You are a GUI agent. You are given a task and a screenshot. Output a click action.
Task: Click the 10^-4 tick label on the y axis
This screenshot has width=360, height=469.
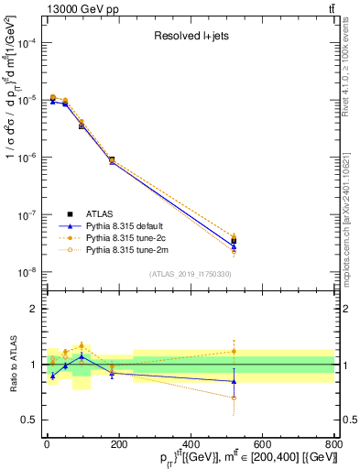(26, 43)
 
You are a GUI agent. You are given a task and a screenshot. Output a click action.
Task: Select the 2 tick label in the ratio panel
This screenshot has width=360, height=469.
(33, 310)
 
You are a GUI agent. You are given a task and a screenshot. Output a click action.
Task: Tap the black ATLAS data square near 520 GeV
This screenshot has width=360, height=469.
(234, 242)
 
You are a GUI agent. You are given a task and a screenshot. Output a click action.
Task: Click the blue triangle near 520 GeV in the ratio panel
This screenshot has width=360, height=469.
(234, 381)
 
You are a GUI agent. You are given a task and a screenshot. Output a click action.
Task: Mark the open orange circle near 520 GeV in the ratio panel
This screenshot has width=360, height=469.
(234, 398)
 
